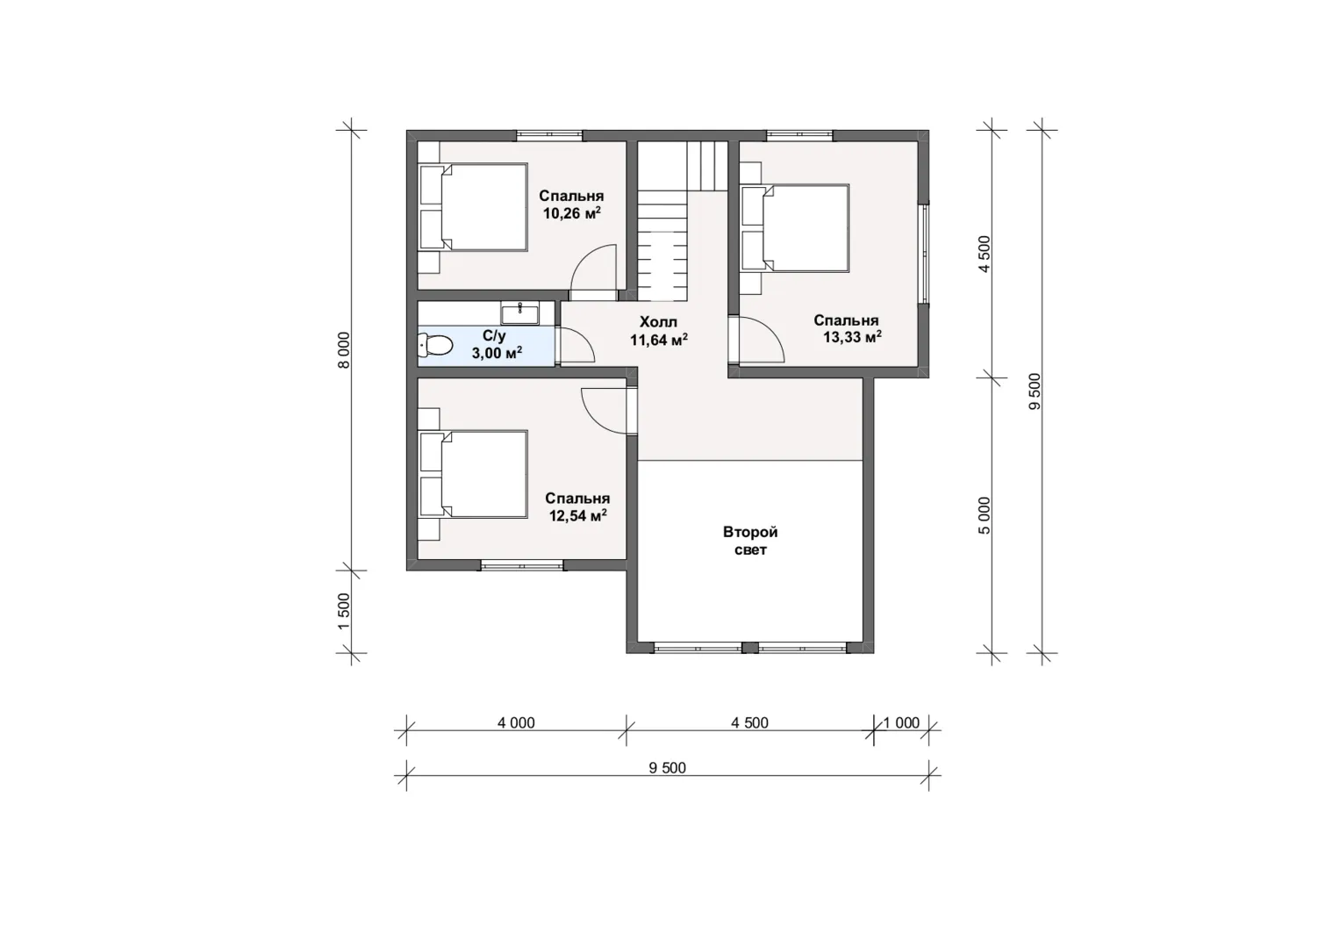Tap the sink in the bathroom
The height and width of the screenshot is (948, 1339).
pyautogui.click(x=519, y=313)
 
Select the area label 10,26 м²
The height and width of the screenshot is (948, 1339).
pyautogui.click(x=571, y=213)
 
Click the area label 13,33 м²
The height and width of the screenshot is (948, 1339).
pyautogui.click(x=852, y=337)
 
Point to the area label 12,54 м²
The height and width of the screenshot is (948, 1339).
pyautogui.click(x=578, y=515)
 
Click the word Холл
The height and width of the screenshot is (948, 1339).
pyautogui.click(x=658, y=322)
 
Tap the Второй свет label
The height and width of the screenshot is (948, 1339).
pyautogui.click(x=750, y=541)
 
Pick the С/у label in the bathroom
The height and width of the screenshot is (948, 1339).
pyautogui.click(x=494, y=336)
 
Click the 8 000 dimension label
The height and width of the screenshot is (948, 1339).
pyautogui.click(x=344, y=350)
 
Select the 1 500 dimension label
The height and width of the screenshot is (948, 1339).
pyautogui.click(x=344, y=611)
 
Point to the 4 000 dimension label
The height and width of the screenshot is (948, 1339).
pyautogui.click(x=517, y=723)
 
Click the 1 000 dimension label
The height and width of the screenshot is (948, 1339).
pyautogui.click(x=901, y=723)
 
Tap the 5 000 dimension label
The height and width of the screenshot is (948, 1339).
pyautogui.click(x=985, y=515)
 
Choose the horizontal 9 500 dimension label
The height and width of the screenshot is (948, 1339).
pyautogui.click(x=668, y=768)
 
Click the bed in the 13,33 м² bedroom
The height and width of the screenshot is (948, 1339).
pyautogui.click(x=795, y=228)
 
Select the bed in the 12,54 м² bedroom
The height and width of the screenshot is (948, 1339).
pyautogui.click(x=474, y=474)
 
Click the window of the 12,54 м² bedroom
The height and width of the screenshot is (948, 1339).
pyautogui.click(x=522, y=565)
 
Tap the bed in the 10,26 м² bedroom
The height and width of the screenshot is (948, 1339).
pyautogui.click(x=474, y=207)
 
